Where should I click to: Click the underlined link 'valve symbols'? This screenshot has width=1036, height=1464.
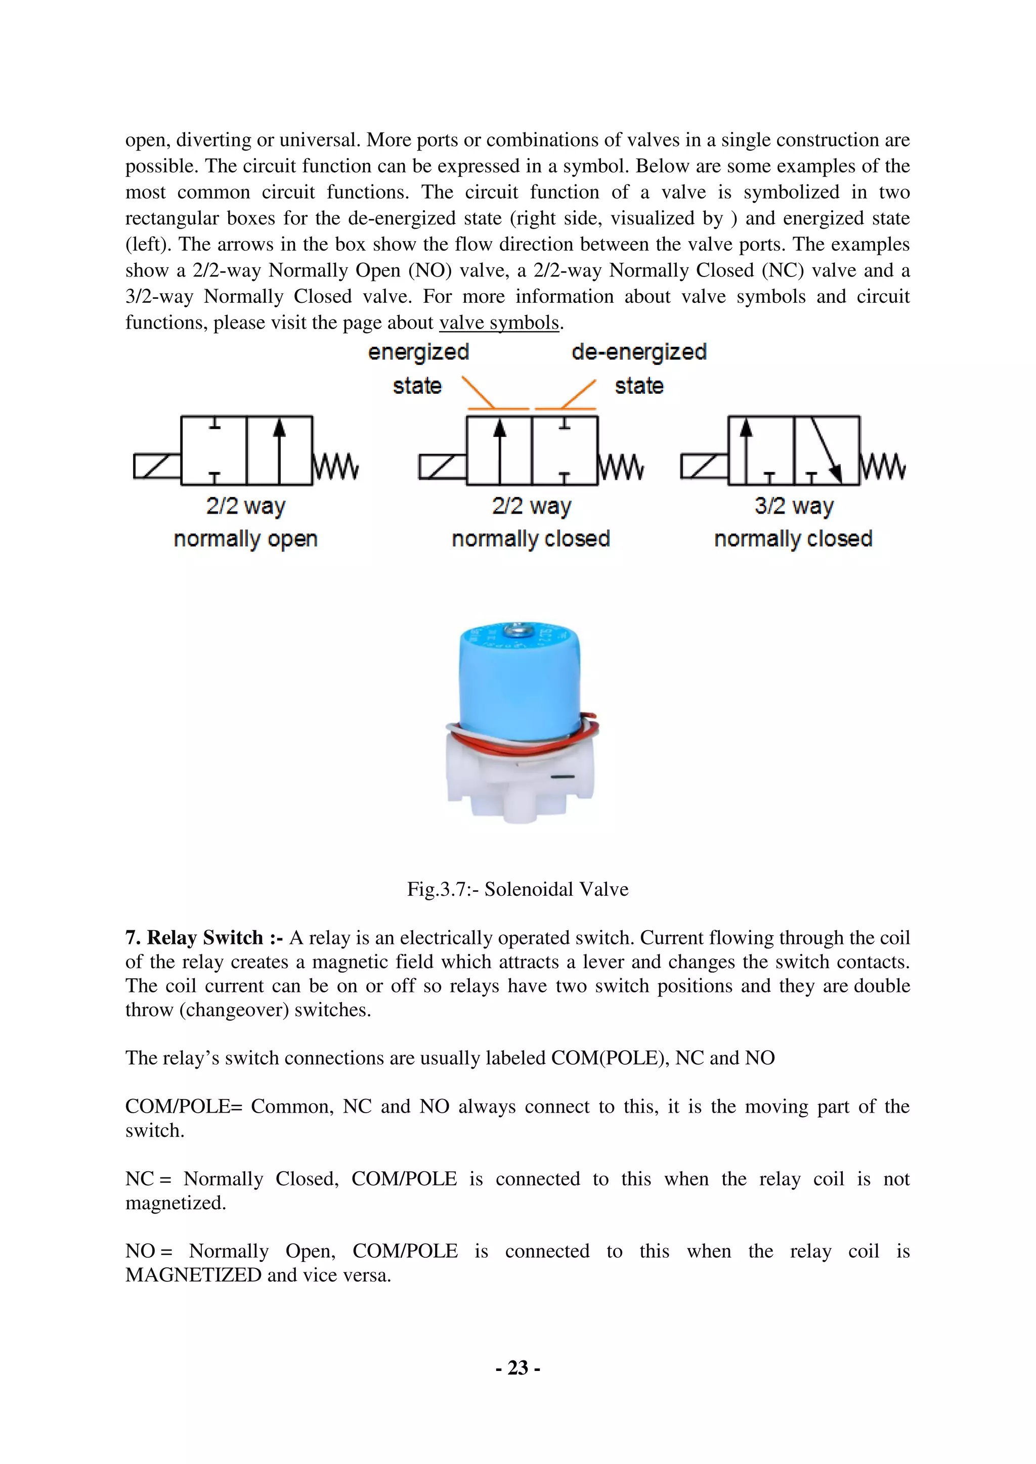pyautogui.click(x=499, y=323)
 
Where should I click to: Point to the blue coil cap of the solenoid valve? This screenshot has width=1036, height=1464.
pyautogui.click(x=520, y=682)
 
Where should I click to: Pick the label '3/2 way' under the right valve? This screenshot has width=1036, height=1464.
pyautogui.click(x=794, y=506)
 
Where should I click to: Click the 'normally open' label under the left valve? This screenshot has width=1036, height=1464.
pyautogui.click(x=246, y=539)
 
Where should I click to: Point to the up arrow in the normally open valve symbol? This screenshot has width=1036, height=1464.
pyautogui.click(x=279, y=446)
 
